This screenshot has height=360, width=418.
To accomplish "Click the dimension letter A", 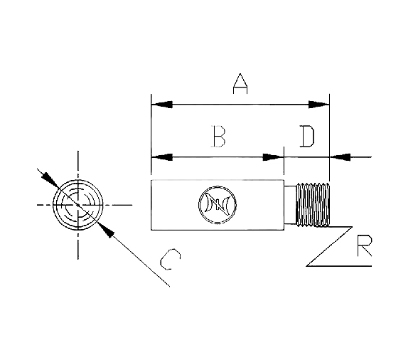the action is coord(240,83).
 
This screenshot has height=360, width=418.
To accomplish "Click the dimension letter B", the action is coord(218,136).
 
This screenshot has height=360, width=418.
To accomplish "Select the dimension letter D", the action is coord(307,136).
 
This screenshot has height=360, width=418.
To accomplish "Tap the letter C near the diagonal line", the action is coord(171,260).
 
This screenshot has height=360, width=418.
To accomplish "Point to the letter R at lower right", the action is coord(365,245).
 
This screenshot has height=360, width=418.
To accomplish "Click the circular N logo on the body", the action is coord(218,205).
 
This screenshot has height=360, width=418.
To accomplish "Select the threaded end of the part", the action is coord(313,205).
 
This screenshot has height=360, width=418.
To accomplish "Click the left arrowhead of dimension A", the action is coord(162,105).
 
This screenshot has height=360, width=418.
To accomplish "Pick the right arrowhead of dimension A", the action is coord(318,105).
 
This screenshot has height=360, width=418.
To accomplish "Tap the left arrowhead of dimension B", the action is coord(162,157).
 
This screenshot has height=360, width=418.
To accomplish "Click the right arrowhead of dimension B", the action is coord(273,157).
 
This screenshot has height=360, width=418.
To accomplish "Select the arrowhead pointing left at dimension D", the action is coord(340,157).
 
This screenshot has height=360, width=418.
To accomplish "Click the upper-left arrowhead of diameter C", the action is coord(50,179).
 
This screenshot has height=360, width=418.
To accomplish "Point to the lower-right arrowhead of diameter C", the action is coord(106,231).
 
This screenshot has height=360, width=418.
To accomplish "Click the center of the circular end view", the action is coord(78,205).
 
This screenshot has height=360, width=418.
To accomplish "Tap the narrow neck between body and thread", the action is coord(290,205).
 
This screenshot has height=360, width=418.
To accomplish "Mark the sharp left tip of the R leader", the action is coord(306,266).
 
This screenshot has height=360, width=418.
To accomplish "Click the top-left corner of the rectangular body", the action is coord(151,180).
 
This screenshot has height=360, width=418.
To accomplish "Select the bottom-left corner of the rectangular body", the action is coord(151,230).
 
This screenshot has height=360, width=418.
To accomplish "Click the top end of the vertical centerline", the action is coord(78,151).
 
